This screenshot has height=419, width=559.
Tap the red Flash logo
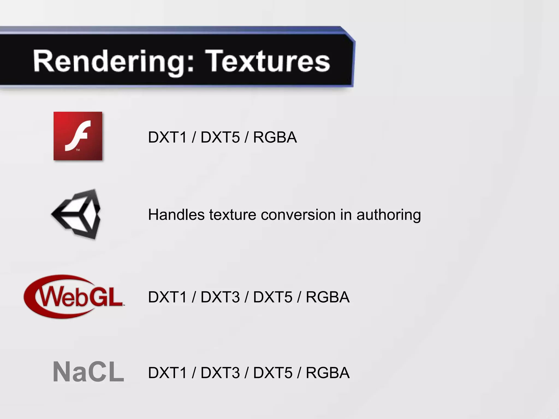[78, 136]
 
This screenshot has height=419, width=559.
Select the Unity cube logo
[77, 214]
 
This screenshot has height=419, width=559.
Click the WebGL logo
[74, 297]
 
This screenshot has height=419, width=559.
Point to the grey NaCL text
[88, 372]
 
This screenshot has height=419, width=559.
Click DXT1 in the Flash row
[167, 137]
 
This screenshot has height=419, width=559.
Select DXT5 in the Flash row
[220, 137]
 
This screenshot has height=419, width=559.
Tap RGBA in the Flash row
[275, 137]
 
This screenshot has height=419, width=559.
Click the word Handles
[176, 214]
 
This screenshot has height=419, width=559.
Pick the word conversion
[298, 215]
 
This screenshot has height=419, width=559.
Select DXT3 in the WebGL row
[220, 297]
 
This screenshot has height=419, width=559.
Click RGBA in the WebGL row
[328, 297]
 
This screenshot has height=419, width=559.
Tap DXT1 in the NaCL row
[167, 373]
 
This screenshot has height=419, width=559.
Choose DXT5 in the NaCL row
[273, 373]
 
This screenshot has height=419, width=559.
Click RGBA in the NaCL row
[328, 373]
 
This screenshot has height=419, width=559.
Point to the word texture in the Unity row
[233, 215]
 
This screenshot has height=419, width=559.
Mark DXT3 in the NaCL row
[220, 373]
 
